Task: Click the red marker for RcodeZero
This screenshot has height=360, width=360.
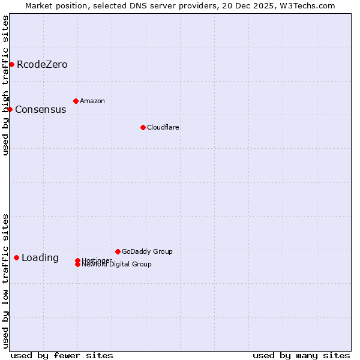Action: point(11,64)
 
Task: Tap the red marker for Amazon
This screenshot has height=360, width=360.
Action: point(76,101)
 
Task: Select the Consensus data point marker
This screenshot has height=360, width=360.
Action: point(10,109)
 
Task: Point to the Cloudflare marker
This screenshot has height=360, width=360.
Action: point(143,127)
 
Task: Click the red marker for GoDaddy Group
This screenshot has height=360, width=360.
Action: point(118,251)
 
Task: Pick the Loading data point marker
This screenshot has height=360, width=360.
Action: point(16,257)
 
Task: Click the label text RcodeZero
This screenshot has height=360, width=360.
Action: point(42,65)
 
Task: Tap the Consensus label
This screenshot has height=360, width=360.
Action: point(40,110)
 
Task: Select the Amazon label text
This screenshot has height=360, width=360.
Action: point(92,101)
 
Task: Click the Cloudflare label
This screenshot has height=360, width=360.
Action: point(163,128)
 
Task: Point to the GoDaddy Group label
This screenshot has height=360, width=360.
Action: point(147,252)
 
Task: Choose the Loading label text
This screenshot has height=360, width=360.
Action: point(40,258)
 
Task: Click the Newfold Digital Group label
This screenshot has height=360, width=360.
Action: point(117,265)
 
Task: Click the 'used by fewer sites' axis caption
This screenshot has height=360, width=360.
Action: point(62,355)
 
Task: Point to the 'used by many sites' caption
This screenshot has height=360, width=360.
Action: point(301,355)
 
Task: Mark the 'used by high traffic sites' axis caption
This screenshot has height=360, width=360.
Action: point(6,85)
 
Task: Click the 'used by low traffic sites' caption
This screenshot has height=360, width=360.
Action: point(6,281)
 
